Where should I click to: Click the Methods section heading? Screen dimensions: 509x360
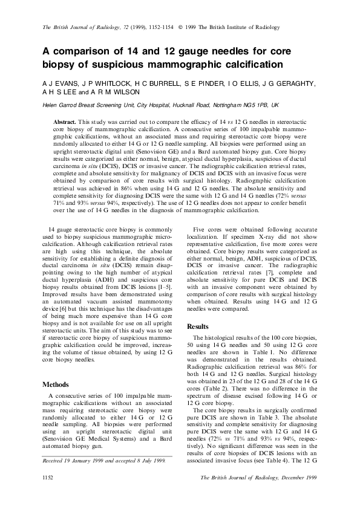pos(56,384)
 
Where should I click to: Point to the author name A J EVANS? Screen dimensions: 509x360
pos(58,83)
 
